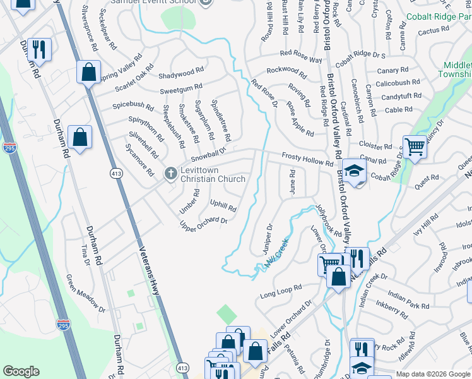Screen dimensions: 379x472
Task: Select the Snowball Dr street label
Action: (208, 153)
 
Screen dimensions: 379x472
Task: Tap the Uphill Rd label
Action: (223, 206)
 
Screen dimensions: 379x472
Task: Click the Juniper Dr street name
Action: (268, 239)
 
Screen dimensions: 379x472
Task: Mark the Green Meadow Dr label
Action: (86, 293)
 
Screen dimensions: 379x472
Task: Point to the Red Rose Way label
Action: (301, 56)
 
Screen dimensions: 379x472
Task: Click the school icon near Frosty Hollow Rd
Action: (355, 171)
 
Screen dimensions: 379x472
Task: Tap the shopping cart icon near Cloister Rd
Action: (415, 148)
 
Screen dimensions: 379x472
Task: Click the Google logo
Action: (21, 371)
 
